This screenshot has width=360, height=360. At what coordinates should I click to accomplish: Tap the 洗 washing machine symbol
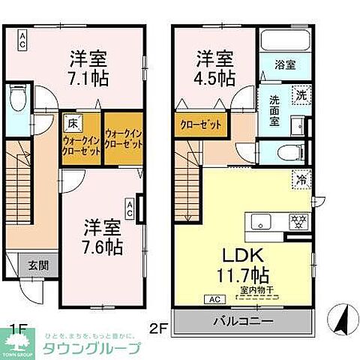[x=298, y=95]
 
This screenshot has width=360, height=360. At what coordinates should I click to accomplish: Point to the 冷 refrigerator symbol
[x=298, y=181]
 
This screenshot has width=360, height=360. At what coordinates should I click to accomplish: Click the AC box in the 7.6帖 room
[x=130, y=208]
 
